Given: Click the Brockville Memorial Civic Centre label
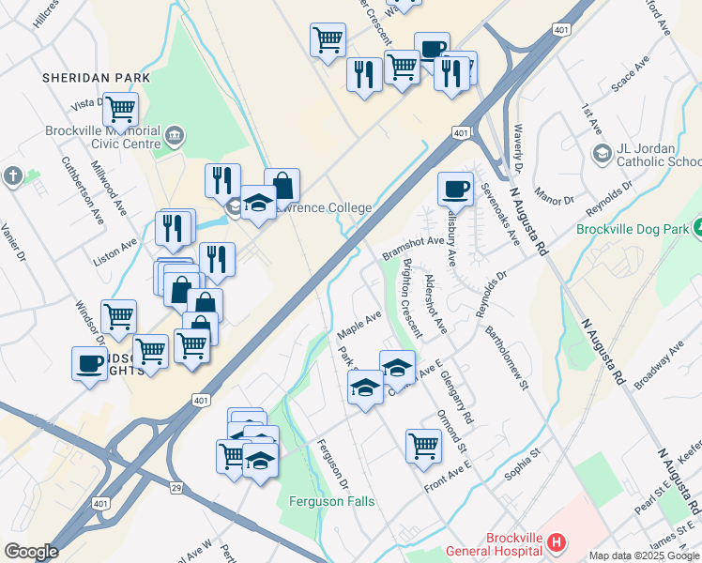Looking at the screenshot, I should (x=103, y=137).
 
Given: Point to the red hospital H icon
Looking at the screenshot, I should (x=557, y=542).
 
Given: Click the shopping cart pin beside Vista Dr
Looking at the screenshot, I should (x=121, y=109).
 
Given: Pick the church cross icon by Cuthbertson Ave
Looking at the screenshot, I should (x=12, y=175).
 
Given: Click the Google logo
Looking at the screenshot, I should (x=31, y=552).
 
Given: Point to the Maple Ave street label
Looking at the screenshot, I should (x=359, y=324).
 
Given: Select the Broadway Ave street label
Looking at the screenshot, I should (x=660, y=365).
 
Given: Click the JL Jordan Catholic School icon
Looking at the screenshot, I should (x=601, y=152).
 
